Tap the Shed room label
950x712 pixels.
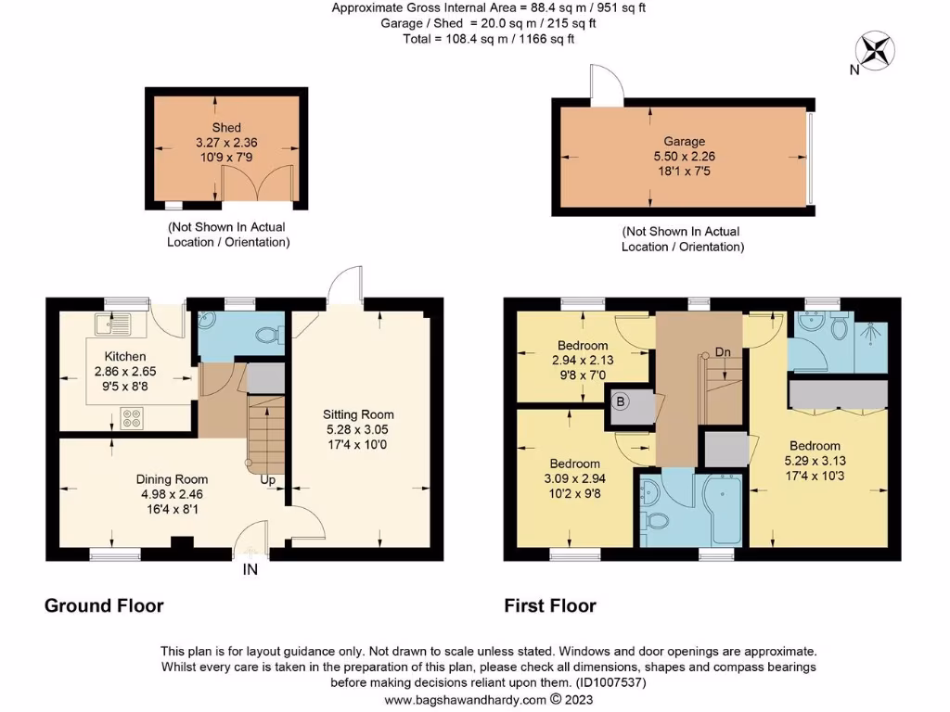(226, 128)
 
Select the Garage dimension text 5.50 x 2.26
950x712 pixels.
(684, 158)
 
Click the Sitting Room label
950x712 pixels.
(358, 414)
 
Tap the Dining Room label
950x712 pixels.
(173, 479)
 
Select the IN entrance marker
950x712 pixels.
(250, 570)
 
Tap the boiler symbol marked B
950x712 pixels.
(622, 401)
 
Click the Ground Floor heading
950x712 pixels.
(104, 606)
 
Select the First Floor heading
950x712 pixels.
(550, 606)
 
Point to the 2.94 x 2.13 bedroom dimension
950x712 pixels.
(583, 360)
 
